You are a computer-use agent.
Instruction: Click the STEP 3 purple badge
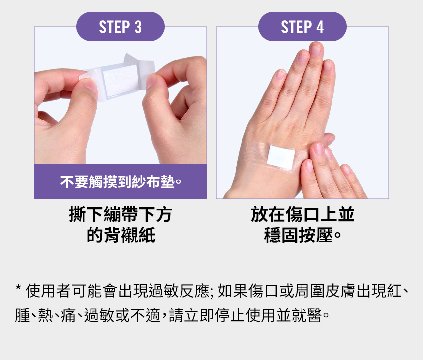point(121,27)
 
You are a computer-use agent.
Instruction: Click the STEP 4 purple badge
point(302,27)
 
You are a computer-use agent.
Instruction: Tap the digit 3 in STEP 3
point(138,27)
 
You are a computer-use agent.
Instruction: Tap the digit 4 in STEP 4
point(320,27)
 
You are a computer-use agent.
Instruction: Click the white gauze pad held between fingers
point(121,80)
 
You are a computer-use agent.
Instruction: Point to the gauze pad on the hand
point(281,158)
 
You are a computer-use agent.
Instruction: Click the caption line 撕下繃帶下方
point(121,214)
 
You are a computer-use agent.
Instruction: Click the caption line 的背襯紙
point(121,235)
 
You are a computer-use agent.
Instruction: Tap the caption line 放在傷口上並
point(302,214)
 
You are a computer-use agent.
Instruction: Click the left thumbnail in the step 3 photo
point(90,86)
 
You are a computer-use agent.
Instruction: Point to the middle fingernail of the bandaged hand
point(316,49)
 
